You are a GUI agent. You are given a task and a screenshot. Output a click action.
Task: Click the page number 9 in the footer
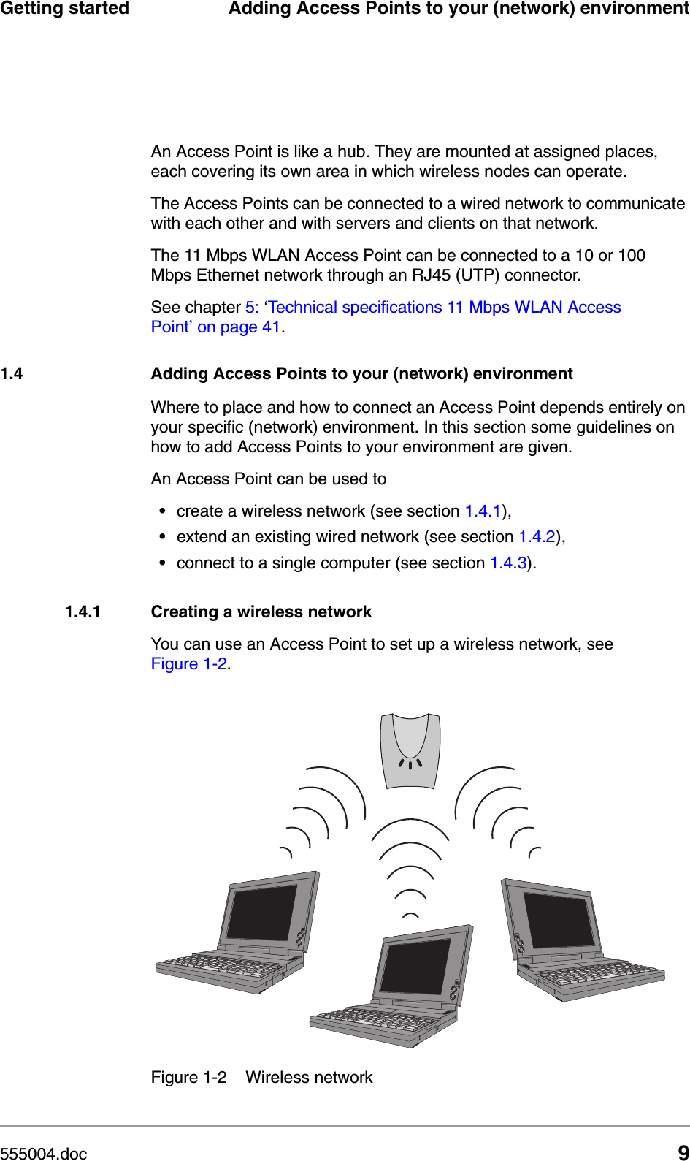point(683,1152)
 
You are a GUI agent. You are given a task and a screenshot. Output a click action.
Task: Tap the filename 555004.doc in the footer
point(44,1154)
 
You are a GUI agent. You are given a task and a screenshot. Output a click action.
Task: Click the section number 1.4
point(12,374)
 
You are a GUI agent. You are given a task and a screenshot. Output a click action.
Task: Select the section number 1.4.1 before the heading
point(83,612)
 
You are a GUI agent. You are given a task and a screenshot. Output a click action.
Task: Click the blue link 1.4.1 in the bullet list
point(483,511)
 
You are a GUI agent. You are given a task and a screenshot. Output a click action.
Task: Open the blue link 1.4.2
point(537,537)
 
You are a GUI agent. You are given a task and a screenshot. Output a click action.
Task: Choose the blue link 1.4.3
point(508,563)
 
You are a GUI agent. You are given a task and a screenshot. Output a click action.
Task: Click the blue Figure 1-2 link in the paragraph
point(189,664)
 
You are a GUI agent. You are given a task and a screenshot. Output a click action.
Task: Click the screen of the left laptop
point(262,913)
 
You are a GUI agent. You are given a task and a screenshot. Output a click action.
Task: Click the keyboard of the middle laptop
point(372,1019)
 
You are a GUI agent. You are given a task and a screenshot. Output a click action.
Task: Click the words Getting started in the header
point(64,9)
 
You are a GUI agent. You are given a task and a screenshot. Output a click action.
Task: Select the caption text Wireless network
point(309,1078)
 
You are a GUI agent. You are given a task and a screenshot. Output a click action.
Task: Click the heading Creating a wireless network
point(261,612)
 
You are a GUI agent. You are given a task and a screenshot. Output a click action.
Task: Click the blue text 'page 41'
point(239,327)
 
